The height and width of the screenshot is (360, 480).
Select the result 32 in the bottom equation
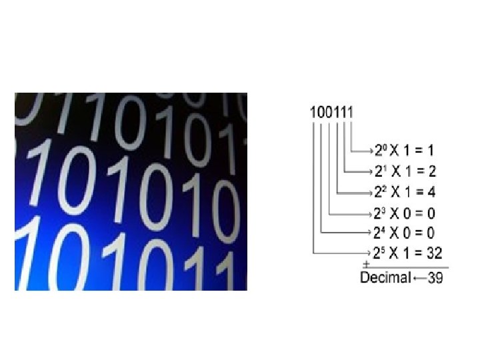[433, 253]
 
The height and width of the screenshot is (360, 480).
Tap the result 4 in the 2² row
[432, 192]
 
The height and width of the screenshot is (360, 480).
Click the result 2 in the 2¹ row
[432, 171]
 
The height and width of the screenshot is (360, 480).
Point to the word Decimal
[385, 277]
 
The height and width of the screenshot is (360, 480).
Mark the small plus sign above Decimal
[366, 264]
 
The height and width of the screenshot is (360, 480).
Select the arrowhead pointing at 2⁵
[370, 253]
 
